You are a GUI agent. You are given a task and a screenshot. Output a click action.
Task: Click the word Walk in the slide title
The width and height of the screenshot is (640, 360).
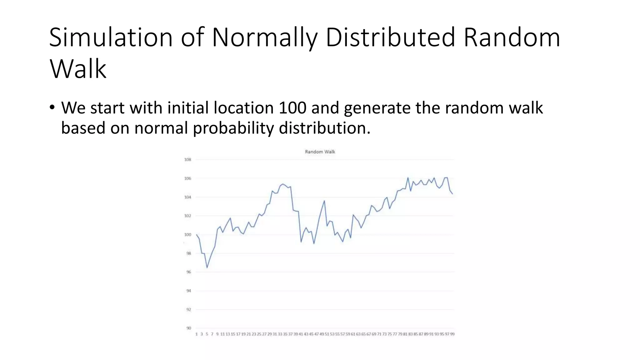coord(78,69)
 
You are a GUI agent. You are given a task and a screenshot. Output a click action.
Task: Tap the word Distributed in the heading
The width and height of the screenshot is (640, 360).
coord(390,37)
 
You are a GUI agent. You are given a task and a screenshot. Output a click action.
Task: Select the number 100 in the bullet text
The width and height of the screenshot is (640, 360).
coord(292,108)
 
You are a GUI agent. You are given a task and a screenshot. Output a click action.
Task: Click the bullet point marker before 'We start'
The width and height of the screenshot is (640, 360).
coord(52,108)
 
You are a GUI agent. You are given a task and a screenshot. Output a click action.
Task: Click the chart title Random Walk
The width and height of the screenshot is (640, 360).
coord(320,152)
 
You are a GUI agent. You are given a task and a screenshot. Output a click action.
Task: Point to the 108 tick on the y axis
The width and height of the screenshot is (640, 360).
coord(187,160)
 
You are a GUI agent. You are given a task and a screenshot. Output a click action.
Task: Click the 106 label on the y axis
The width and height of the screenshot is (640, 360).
coord(187,178)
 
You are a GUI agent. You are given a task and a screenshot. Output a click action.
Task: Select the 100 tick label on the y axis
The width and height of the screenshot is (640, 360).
coord(187,235)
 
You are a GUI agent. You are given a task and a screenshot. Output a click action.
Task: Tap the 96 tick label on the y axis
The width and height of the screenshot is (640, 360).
coord(188,272)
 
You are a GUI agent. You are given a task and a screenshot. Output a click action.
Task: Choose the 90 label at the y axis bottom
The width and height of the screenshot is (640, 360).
coord(188,328)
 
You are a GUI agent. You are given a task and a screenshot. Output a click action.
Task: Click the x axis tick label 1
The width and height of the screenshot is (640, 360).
coord(197,334)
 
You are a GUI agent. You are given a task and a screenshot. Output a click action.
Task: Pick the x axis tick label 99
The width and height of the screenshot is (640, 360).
coord(452,334)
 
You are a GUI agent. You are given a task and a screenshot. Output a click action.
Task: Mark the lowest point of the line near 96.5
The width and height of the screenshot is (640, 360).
coord(207,267)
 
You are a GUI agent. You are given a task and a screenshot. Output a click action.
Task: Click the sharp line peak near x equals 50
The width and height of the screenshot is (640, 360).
coord(324,201)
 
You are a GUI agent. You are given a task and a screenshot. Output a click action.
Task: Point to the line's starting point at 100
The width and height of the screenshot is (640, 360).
coord(197,234)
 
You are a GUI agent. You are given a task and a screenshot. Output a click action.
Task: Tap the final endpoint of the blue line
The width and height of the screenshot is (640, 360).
coord(452,194)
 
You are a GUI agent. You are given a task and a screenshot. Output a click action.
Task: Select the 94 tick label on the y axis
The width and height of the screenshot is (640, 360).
coord(188,291)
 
